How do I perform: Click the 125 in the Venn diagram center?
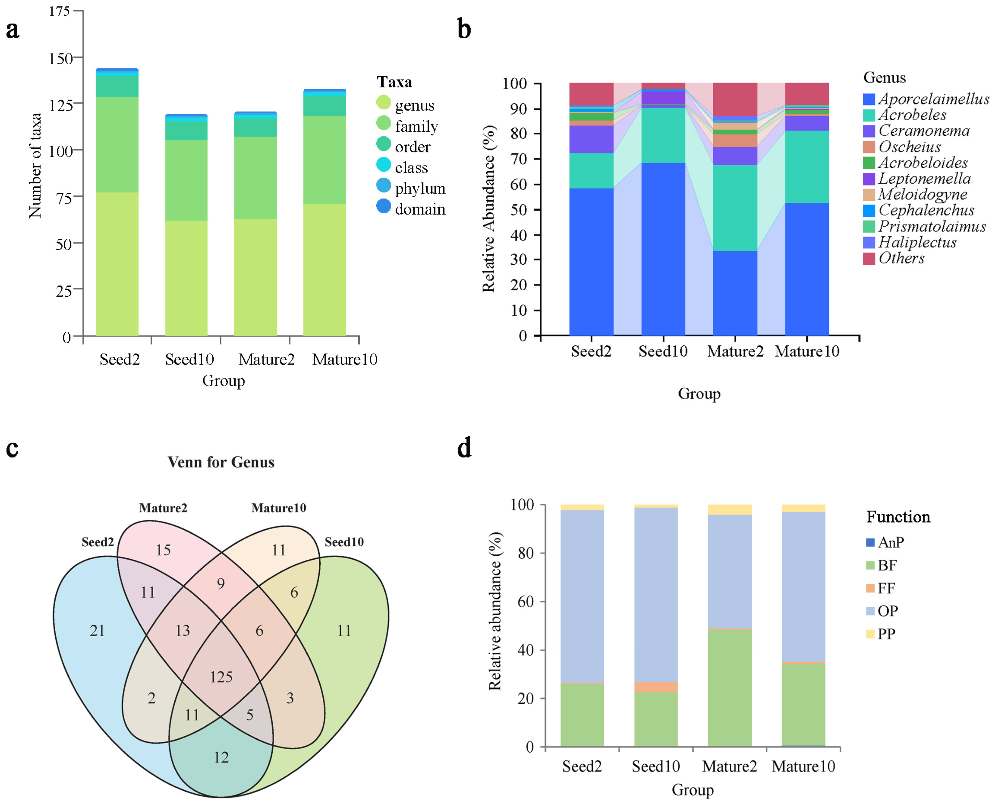(221, 677)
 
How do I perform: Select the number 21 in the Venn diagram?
(97, 630)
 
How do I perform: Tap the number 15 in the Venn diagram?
(163, 550)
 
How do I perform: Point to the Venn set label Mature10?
(279, 508)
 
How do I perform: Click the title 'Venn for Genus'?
(221, 462)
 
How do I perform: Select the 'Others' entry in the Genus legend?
(901, 258)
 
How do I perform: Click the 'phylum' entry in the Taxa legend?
(420, 188)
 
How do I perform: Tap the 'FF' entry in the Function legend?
(886, 588)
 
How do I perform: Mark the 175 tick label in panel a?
(59, 11)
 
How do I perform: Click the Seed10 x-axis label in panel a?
(190, 359)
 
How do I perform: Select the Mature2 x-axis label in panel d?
(729, 767)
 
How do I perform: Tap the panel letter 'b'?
(464, 29)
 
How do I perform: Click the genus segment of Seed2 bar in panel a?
(117, 264)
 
